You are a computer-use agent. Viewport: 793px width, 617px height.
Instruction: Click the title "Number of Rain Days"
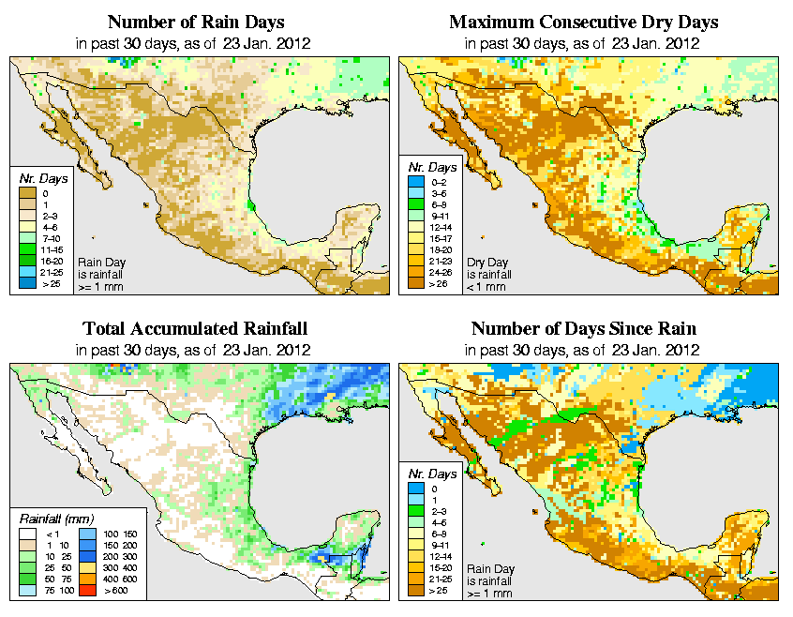coord(195,22)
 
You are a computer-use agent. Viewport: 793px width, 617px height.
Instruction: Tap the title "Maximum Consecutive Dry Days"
coord(583,22)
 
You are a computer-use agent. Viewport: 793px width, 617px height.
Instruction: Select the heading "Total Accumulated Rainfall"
coord(195,329)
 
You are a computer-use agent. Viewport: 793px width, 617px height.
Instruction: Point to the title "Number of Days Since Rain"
coord(583,329)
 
